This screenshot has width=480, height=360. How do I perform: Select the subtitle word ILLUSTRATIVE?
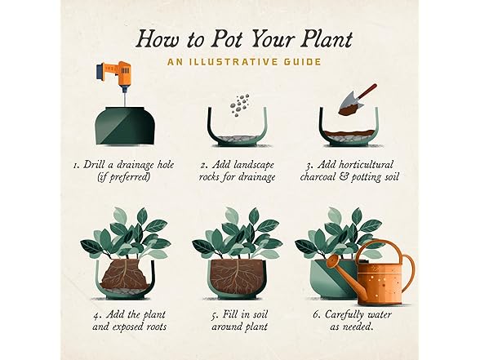(x=231, y=62)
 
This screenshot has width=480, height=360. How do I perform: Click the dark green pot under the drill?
(x=124, y=126)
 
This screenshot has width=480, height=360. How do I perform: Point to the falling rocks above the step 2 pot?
(x=240, y=105)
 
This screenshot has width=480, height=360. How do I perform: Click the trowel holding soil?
(x=356, y=100)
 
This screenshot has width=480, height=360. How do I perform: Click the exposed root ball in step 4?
(x=125, y=274)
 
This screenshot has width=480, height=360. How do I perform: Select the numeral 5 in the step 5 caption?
(x=215, y=315)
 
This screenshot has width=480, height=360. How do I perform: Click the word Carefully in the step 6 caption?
(x=344, y=315)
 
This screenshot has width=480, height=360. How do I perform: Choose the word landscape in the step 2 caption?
(x=253, y=165)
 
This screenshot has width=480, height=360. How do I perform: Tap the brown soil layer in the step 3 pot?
(x=349, y=133)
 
